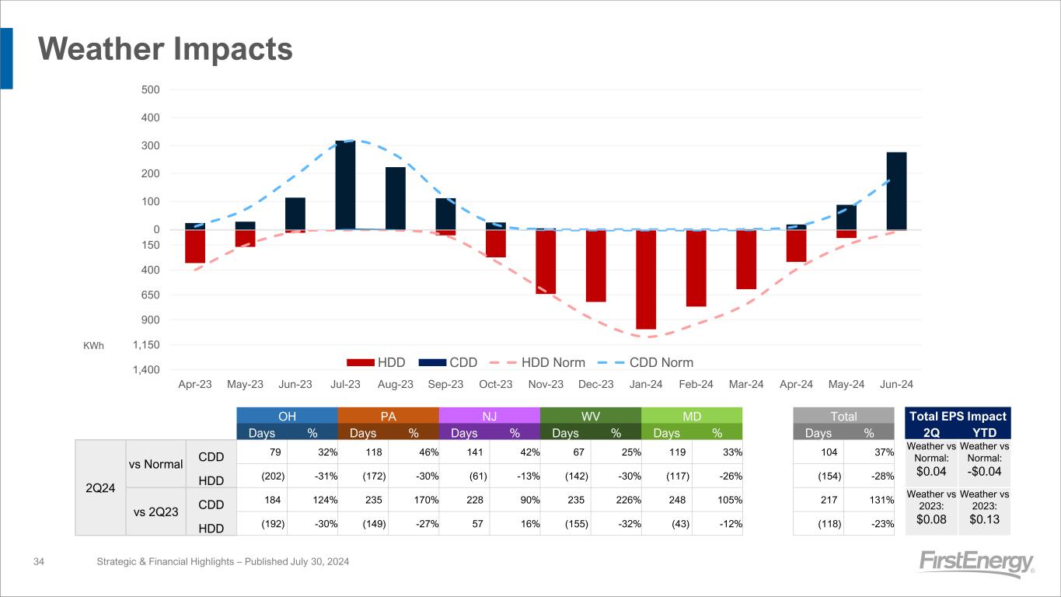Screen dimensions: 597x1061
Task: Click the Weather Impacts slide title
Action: tap(166, 50)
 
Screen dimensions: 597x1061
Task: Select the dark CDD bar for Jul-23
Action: tap(345, 185)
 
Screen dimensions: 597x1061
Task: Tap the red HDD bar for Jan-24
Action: tap(646, 280)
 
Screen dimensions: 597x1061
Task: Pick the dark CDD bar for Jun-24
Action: tap(896, 190)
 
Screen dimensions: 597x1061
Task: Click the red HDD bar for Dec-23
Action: tap(596, 266)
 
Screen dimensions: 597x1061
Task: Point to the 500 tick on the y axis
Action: tap(151, 89)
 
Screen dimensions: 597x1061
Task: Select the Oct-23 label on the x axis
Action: tap(496, 385)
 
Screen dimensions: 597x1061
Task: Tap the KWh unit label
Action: tap(93, 345)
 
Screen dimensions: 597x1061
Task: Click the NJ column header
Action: tap(489, 416)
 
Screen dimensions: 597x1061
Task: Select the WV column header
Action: tap(590, 416)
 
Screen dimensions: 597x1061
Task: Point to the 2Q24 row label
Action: tap(99, 487)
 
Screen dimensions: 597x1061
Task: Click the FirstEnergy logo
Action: tap(976, 564)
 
